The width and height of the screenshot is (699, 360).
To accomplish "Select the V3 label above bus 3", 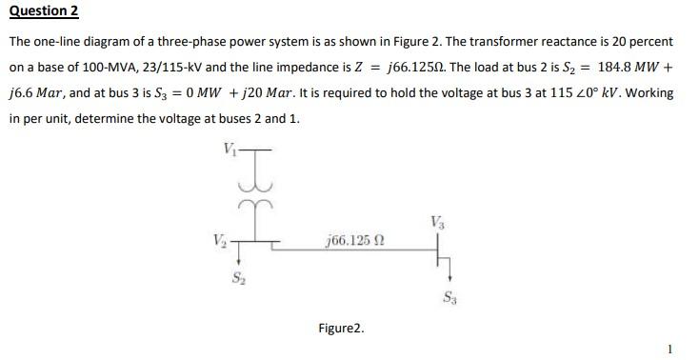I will pos(437,222).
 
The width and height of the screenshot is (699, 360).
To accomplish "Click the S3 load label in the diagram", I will pos(449,297).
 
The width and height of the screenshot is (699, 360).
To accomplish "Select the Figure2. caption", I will pos(341,329).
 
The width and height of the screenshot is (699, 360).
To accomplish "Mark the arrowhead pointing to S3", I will pos(444,279).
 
